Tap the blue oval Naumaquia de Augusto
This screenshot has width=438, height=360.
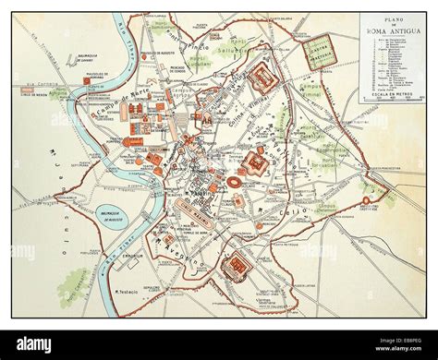[x=114, y=218]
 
